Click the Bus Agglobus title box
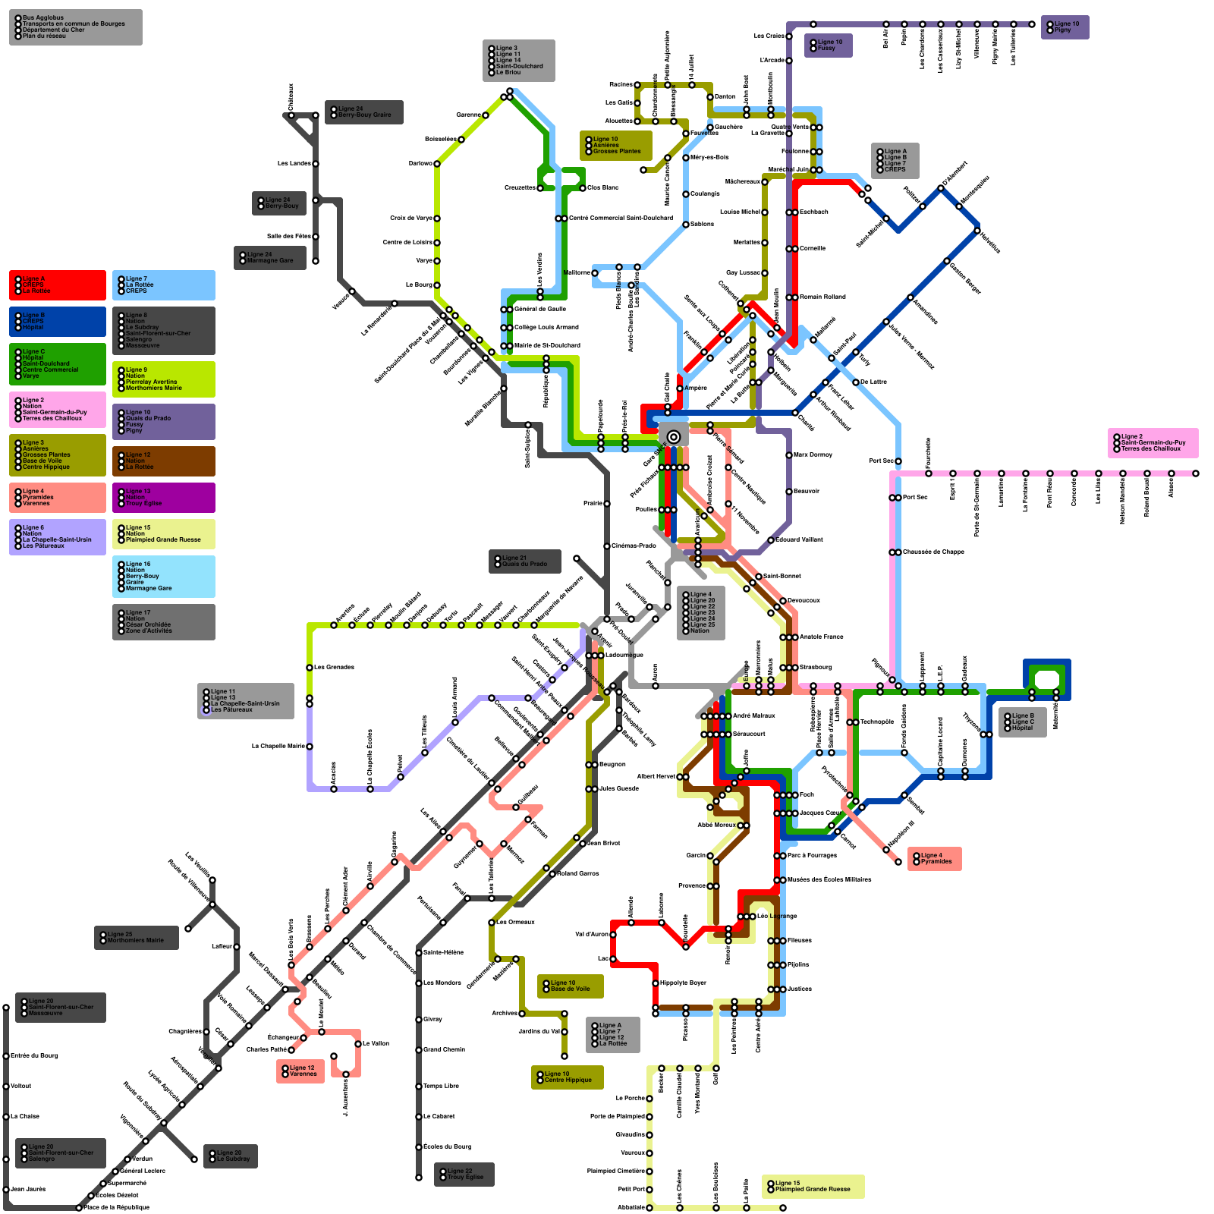pos(75,27)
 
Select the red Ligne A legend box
pos(58,285)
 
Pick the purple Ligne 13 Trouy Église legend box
pos(164,498)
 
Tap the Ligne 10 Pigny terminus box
pos(1065,27)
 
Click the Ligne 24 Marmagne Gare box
pos(270,258)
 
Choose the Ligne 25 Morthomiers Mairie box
pos(137,938)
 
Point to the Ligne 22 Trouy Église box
pos(464,1175)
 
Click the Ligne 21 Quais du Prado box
pos(525,561)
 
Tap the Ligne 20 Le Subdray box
pos(231,1156)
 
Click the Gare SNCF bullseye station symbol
pos(674,436)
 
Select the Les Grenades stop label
pos(335,668)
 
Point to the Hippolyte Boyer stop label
pos(684,983)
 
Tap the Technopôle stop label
pos(877,722)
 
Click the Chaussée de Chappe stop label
pos(934,552)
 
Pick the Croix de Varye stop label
pos(411,219)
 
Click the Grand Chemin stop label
pos(445,1050)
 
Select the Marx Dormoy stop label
pos(813,455)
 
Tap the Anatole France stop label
pos(822,637)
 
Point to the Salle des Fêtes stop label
pos(289,237)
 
